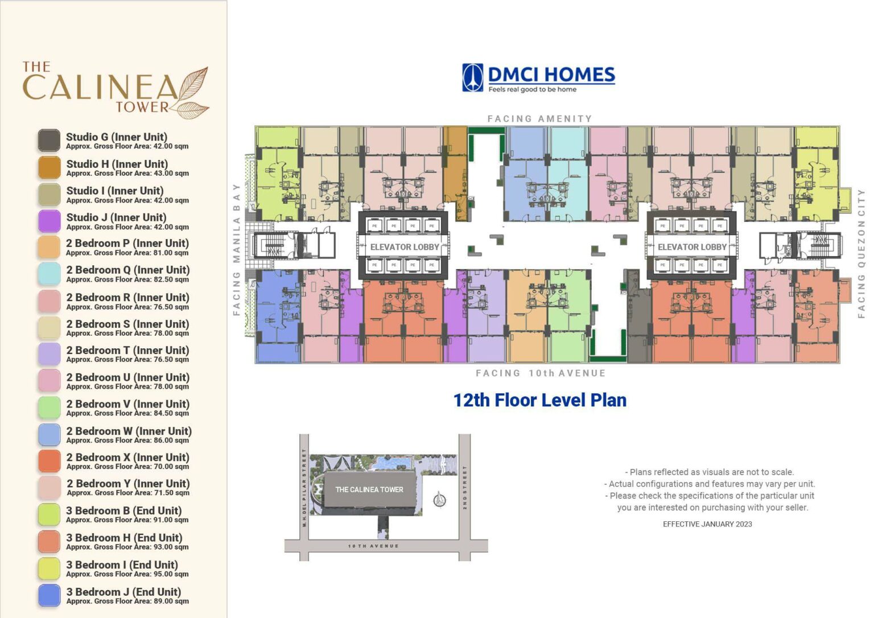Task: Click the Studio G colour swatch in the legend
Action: [x=49, y=140]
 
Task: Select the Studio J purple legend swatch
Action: [x=49, y=221]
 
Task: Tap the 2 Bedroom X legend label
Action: [x=127, y=458]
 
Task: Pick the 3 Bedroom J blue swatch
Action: [x=49, y=595]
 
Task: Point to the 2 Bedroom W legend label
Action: [x=129, y=431]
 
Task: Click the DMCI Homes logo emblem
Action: [x=472, y=77]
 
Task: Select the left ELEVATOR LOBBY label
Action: [x=405, y=247]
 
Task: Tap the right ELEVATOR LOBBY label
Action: [x=692, y=247]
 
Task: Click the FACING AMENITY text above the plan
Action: [x=539, y=118]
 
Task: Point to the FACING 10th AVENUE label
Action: [x=541, y=373]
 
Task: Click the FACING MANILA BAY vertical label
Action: [x=237, y=249]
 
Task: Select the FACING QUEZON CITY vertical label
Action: [x=861, y=253]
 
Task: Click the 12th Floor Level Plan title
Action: [x=539, y=400]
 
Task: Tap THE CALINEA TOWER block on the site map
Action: [x=369, y=489]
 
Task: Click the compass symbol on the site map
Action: [x=439, y=500]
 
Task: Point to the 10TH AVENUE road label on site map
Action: [x=373, y=546]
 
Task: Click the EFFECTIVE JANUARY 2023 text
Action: [x=707, y=524]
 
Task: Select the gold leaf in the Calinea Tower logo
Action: [x=191, y=93]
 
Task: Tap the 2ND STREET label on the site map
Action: [x=465, y=488]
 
